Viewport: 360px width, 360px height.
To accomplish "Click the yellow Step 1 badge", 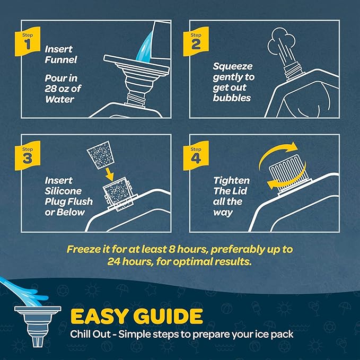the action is [x=28, y=41].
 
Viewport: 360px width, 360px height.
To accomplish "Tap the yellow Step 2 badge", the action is [x=196, y=41].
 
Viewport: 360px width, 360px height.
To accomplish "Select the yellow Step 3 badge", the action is [x=28, y=155].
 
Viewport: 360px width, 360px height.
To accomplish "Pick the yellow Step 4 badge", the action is [x=196, y=155].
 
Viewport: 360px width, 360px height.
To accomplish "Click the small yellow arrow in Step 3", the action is [x=109, y=174].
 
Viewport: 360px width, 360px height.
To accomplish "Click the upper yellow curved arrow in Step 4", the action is [x=277, y=153].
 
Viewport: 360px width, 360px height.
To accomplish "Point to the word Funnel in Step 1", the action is [x=61, y=60].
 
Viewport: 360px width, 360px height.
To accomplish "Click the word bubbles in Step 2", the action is [x=232, y=98].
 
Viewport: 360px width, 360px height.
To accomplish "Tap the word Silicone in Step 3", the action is [x=63, y=191].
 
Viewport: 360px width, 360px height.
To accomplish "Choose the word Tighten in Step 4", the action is [x=232, y=180].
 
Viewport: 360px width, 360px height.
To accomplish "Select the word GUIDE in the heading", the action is [x=168, y=316].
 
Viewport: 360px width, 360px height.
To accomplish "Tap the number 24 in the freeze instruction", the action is [x=113, y=261].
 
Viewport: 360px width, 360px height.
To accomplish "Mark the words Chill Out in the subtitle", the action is [x=91, y=334].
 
